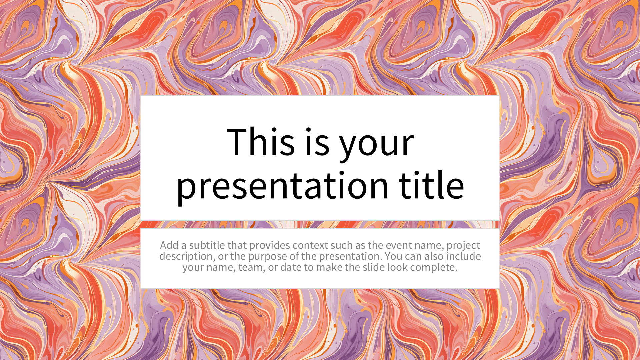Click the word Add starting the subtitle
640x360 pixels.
[169, 245]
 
